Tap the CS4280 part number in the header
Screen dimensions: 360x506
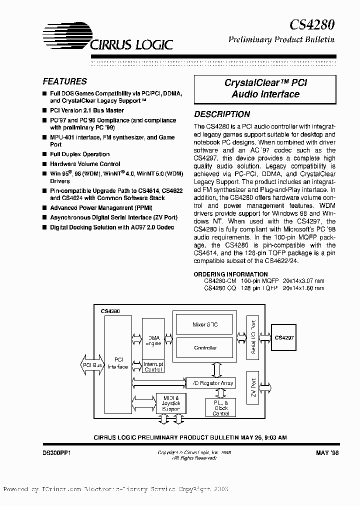[312, 23]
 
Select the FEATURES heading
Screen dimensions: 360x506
[64, 81]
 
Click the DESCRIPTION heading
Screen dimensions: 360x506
[222, 114]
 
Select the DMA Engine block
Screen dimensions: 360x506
[152, 340]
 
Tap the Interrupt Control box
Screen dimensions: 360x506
[152, 367]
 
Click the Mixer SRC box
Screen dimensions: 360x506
[204, 324]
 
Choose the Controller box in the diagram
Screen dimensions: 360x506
[204, 347]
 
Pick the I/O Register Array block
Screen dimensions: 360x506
[213, 383]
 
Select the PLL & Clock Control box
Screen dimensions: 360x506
[220, 407]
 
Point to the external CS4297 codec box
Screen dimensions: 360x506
[284, 338]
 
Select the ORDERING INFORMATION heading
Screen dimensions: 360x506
[230, 274]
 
